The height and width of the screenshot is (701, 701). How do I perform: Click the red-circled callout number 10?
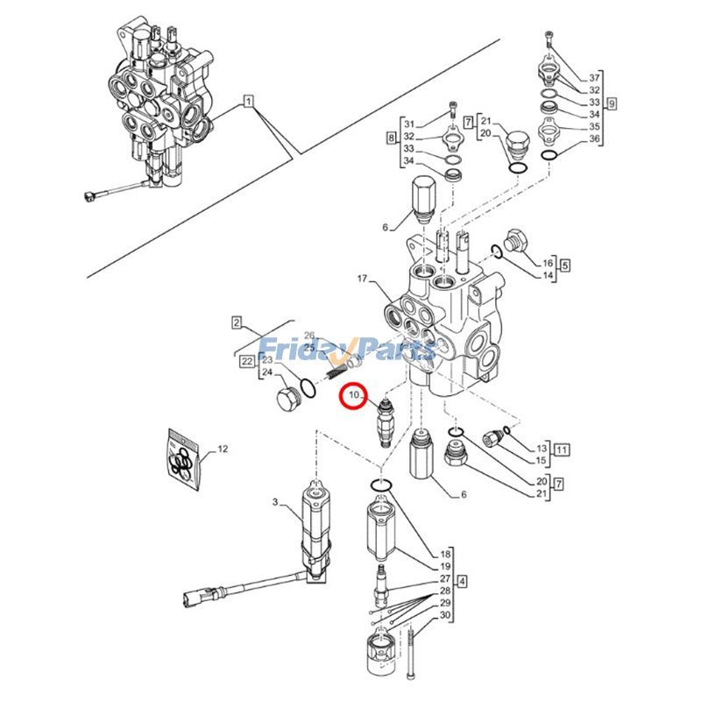click(354, 399)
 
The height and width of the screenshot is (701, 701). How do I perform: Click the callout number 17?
click(363, 280)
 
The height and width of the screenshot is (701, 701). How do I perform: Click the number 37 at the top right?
click(594, 77)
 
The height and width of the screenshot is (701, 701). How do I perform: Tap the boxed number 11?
click(562, 450)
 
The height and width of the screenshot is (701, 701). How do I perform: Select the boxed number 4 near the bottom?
click(462, 580)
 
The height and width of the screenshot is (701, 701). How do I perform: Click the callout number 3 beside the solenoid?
click(274, 502)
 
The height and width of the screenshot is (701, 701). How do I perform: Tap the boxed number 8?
click(391, 139)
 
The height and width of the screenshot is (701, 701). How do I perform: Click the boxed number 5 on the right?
click(565, 264)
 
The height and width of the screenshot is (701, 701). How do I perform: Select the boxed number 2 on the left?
click(236, 322)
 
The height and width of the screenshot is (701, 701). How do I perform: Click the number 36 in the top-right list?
click(594, 138)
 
